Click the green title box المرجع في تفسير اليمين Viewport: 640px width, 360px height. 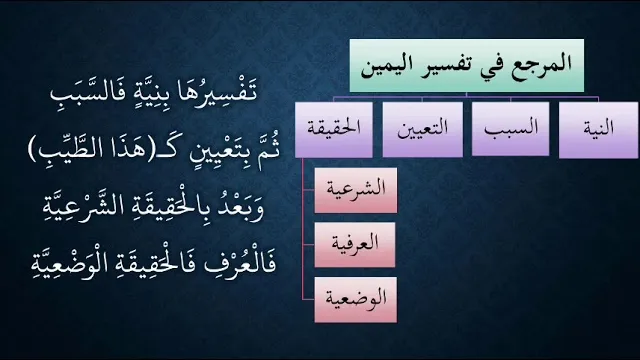point(467,65)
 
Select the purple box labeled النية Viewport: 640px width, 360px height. point(598,129)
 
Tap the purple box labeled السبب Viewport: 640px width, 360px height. point(510,129)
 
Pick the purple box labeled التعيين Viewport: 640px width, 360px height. point(422,129)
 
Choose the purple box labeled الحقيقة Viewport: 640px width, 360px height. point(333,129)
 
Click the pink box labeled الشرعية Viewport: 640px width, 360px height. point(356,190)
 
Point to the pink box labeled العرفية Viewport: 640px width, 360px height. point(355,245)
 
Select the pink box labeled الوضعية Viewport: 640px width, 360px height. point(356,300)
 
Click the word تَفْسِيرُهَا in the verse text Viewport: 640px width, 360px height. point(222,93)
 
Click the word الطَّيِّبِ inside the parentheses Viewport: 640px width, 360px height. point(67,151)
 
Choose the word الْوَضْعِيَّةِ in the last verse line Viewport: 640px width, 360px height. point(62,264)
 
